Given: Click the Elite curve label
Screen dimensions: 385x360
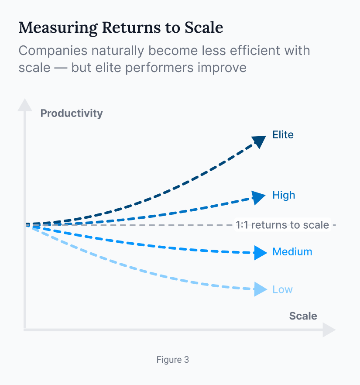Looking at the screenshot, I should (283, 134).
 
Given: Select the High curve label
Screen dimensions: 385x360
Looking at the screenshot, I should (284, 195).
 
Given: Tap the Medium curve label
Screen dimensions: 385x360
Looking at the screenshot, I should (292, 252).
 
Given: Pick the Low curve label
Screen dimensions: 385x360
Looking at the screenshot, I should (282, 289).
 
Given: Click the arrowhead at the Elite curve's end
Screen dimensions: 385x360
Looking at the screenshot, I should (260, 141).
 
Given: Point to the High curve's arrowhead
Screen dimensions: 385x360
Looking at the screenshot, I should (259, 197).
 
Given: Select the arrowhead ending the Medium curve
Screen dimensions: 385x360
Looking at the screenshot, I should (260, 253).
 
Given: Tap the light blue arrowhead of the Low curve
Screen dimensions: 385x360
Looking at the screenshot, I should (260, 289).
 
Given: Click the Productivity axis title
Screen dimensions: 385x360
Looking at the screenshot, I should (72, 113).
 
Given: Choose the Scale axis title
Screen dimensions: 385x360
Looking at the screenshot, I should (303, 316).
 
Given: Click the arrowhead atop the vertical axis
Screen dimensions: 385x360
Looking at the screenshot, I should (25, 105).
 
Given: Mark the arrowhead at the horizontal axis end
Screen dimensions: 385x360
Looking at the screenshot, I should (329, 330).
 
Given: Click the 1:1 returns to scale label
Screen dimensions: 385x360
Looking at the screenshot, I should (282, 225).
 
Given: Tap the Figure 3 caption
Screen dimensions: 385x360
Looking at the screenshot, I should (173, 360).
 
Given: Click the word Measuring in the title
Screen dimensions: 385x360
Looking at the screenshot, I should (58, 27).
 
